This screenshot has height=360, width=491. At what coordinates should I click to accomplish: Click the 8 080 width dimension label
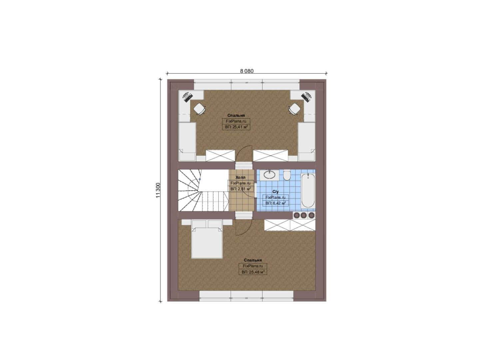[247, 71]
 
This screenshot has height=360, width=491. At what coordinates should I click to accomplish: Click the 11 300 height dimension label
[158, 190]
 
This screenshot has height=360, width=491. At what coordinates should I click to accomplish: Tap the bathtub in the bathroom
[308, 190]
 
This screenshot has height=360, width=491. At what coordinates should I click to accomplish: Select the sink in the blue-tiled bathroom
[269, 175]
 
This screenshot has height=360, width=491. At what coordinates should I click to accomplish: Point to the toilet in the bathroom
[287, 176]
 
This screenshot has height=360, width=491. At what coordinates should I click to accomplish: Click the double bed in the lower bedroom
[207, 239]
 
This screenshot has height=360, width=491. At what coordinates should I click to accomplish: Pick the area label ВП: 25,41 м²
[236, 127]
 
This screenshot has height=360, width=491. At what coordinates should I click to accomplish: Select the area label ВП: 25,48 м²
[253, 272]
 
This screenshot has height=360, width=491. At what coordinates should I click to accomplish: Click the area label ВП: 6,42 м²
[275, 203]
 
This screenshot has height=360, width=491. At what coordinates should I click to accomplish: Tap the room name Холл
[241, 177]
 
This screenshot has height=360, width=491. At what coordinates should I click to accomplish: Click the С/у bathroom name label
[275, 192]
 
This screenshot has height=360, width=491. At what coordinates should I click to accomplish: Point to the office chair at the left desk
[199, 109]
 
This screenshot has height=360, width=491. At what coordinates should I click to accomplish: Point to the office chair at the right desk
[294, 109]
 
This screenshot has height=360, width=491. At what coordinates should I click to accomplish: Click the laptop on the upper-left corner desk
[188, 97]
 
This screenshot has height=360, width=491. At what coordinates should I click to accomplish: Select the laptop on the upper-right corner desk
[306, 97]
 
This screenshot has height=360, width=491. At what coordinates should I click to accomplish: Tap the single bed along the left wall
[187, 142]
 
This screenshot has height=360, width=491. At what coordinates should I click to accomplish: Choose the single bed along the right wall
[306, 142]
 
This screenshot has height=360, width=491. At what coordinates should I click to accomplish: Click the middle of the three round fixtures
[303, 215]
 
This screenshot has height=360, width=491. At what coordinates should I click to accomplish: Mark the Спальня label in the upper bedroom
[236, 115]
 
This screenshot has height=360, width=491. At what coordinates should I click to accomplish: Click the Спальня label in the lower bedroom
[253, 260]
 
